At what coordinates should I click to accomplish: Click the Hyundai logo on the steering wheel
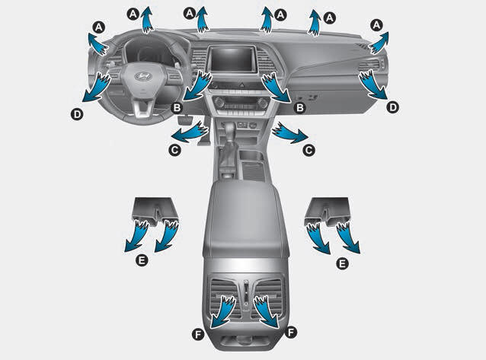click(x=142, y=75)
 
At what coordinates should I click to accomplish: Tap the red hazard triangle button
click(x=242, y=84)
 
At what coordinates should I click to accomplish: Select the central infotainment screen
click(x=232, y=59)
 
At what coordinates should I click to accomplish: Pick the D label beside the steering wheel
click(x=77, y=114)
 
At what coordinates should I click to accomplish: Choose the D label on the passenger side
click(x=393, y=107)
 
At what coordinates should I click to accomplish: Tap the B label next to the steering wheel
click(x=177, y=107)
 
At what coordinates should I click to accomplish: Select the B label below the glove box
click(x=299, y=107)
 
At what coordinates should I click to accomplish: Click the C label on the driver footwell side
click(x=174, y=150)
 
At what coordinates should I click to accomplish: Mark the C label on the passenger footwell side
click(x=309, y=150)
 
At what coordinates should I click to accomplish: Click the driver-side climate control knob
click(x=219, y=102)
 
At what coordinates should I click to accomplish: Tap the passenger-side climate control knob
click(x=263, y=102)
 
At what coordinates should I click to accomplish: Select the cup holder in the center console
click(x=251, y=155)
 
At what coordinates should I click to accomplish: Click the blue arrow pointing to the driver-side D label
click(x=97, y=87)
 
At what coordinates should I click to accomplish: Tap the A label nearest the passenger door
click(x=376, y=25)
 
